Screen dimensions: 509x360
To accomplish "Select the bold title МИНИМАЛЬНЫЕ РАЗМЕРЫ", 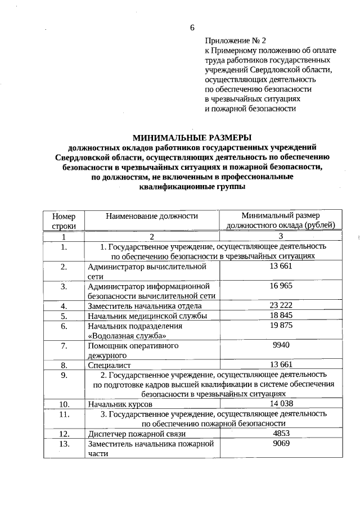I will coord(192,137).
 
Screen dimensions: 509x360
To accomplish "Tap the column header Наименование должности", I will coord(151,215).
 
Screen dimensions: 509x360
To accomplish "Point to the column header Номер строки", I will coord(64,220).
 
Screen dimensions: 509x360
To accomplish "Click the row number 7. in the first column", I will coord(64,345).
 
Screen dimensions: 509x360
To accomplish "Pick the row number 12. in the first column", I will coord(64,434).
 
